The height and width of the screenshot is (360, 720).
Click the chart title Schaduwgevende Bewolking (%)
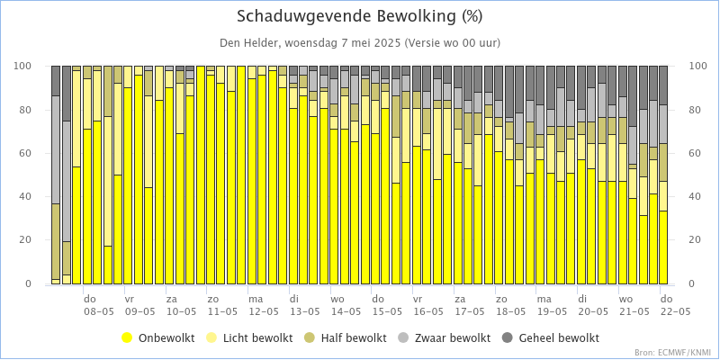360,16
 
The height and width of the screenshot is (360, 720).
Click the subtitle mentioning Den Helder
360,42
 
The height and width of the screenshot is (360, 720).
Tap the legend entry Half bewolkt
352,338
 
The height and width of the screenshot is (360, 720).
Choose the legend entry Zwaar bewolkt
448,338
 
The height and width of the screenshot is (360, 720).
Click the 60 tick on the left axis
27,154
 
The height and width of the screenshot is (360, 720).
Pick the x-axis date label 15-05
386,311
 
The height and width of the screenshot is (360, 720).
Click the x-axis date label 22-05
674,311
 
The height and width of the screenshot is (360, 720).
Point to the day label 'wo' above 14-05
337,299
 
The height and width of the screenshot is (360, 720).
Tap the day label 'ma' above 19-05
544,299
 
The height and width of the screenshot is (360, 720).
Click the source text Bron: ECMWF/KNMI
673,353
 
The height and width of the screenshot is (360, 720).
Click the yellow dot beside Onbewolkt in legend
128,338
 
